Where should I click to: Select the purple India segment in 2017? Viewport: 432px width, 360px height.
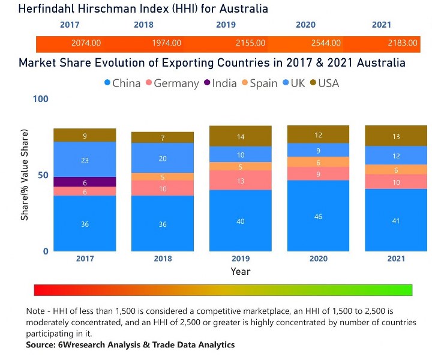(x=85, y=182)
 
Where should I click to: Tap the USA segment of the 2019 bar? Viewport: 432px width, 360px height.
(x=240, y=136)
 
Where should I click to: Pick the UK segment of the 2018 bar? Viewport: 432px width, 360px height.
(x=163, y=158)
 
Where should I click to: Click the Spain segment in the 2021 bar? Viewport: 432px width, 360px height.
(x=396, y=169)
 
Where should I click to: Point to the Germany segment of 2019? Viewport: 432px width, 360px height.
(x=240, y=180)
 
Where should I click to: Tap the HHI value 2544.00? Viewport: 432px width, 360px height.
(x=326, y=43)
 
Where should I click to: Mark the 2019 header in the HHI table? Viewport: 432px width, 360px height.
(x=226, y=25)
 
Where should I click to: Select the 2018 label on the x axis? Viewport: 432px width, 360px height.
(x=163, y=259)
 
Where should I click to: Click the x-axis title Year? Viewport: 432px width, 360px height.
(x=241, y=271)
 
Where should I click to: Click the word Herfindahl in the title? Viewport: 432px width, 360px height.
(x=49, y=8)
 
